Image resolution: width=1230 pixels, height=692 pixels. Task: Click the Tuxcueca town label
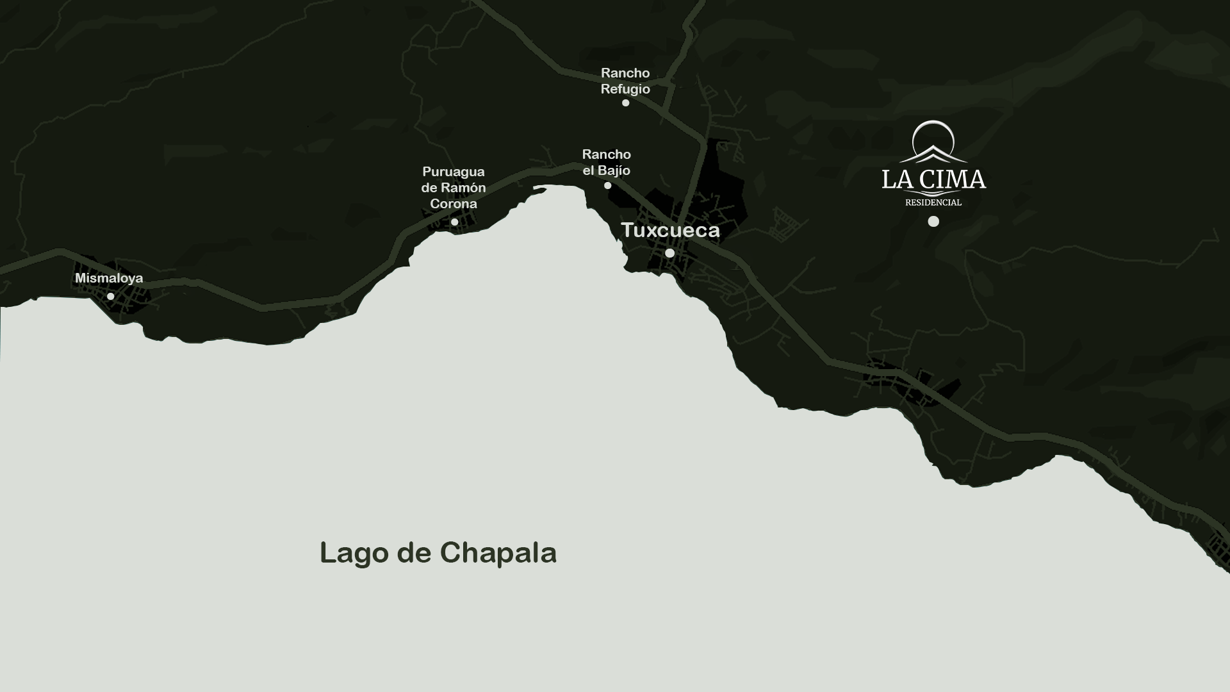670,230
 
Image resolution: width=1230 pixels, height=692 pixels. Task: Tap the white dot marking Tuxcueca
669,253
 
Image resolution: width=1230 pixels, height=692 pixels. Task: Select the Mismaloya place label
109,278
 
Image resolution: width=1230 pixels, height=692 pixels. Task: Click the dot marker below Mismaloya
111,296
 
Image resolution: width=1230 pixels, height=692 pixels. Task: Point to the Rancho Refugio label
625,81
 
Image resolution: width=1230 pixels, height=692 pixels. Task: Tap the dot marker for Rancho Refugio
625,103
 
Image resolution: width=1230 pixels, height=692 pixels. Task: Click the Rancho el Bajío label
606,162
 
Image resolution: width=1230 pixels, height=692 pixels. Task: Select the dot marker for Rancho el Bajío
607,185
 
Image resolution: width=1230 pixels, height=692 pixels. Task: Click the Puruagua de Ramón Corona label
454,187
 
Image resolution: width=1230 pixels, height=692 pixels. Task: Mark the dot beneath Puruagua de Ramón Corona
454,222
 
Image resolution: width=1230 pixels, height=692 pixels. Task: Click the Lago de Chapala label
438,552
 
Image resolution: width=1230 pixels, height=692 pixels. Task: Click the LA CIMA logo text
933,179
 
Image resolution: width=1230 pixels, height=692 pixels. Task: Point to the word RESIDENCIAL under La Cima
933,202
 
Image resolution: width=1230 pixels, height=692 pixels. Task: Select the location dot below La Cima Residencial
933,221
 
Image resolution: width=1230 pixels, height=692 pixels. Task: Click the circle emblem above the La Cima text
933,139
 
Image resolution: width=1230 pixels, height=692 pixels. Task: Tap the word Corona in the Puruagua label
454,204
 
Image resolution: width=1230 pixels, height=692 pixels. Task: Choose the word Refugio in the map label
625,89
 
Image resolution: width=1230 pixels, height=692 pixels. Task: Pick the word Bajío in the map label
615,170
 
